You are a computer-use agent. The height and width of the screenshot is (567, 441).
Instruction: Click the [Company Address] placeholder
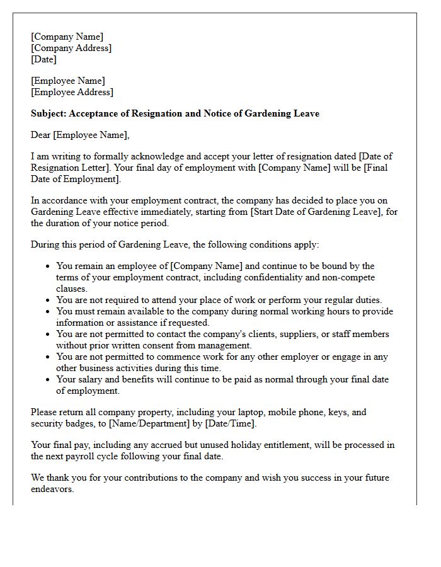click(x=71, y=48)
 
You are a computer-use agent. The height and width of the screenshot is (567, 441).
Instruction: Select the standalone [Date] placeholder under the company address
click(x=43, y=59)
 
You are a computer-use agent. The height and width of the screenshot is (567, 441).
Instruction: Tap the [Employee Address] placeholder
click(x=72, y=92)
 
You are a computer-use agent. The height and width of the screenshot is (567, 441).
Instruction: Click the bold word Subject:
click(x=49, y=113)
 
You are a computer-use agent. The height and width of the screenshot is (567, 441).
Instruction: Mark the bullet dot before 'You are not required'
click(x=48, y=301)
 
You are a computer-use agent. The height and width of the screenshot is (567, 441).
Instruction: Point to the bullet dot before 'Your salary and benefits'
click(x=48, y=380)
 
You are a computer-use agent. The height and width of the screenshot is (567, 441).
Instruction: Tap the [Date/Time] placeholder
click(x=231, y=423)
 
